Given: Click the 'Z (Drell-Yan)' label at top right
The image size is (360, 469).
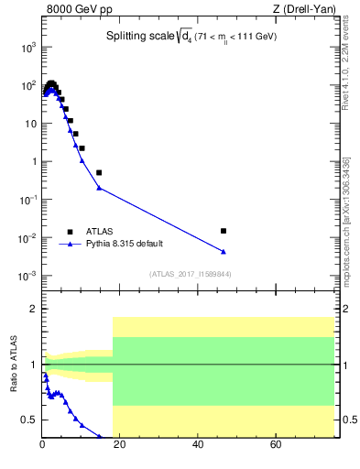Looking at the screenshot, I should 303,10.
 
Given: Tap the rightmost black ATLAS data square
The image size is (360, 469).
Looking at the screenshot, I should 224,231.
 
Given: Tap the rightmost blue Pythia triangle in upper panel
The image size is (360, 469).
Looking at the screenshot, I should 224,252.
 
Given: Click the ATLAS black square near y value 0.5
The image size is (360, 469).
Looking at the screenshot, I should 99,172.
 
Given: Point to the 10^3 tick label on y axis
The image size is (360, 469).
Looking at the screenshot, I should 27,47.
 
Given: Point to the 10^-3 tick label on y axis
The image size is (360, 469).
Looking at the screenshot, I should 27,276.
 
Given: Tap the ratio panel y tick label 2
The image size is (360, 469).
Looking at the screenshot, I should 34,309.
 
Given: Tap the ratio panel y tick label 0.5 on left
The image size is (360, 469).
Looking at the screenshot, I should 29,420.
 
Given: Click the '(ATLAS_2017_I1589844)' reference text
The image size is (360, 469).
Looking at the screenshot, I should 191,274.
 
